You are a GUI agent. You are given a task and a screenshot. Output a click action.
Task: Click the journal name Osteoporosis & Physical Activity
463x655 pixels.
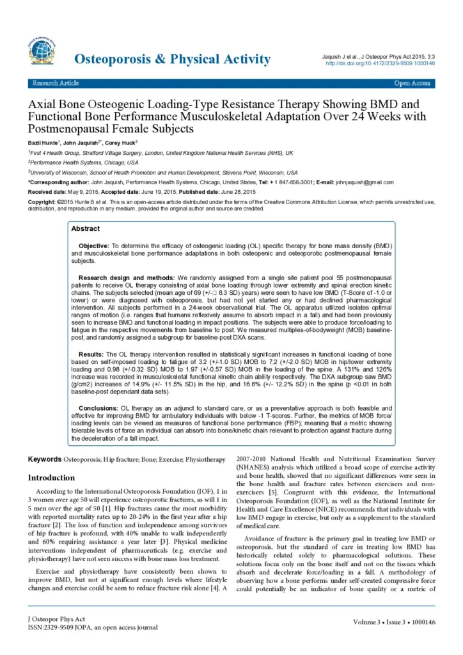[173, 59]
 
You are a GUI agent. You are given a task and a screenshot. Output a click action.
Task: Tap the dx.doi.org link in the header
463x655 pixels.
[381, 63]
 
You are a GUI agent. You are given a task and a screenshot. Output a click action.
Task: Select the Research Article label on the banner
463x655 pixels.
[57, 83]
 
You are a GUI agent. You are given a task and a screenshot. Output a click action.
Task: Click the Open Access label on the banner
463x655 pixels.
[412, 83]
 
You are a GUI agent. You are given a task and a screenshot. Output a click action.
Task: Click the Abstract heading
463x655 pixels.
[85, 228]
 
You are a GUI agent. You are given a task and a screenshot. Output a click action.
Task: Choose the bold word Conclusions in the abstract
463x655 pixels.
[98, 407]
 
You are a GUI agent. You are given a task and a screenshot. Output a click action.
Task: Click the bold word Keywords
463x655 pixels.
[45, 460]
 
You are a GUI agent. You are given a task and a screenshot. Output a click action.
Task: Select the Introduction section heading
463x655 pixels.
[51, 478]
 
